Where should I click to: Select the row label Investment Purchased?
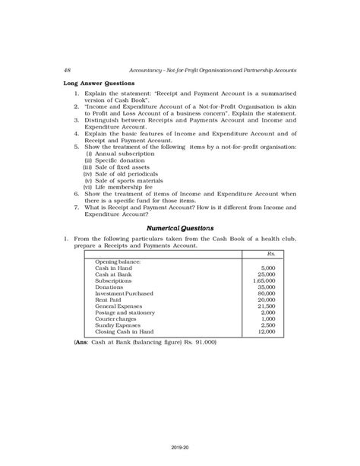click(124, 294)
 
